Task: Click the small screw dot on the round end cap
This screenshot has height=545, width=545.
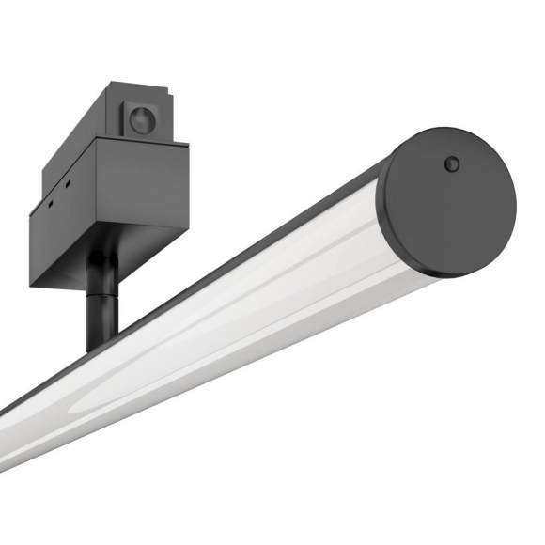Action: click(x=452, y=163)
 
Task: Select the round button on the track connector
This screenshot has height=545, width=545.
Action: click(x=142, y=119)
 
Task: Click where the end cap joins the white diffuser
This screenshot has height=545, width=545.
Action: click(x=395, y=244)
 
